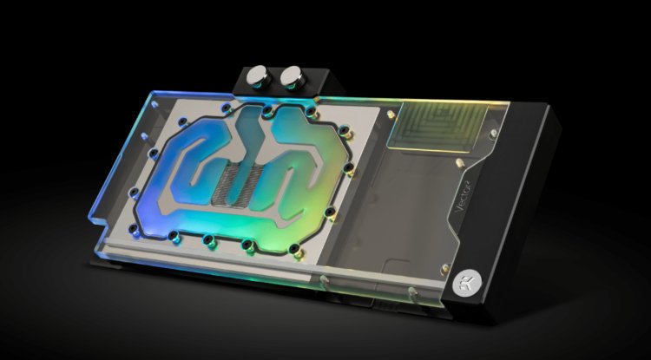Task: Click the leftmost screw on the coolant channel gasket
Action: pos(154,154)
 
